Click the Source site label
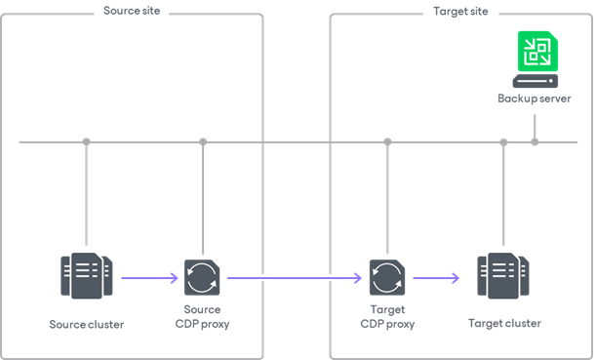[x=132, y=12]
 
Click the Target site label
[x=460, y=12]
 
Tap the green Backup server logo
[x=536, y=52]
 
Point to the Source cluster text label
[x=87, y=323]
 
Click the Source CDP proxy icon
[x=202, y=278]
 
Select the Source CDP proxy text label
[x=202, y=316]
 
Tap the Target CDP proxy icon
[x=387, y=278]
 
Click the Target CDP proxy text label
[x=387, y=316]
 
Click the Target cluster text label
[x=503, y=323]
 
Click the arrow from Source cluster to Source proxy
[x=149, y=278]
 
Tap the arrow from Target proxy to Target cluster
[x=436, y=278]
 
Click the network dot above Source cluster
[x=87, y=142]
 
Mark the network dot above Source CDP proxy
[x=203, y=142]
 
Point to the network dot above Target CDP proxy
[x=387, y=142]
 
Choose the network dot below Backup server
[x=535, y=142]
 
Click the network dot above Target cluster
[x=503, y=142]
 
